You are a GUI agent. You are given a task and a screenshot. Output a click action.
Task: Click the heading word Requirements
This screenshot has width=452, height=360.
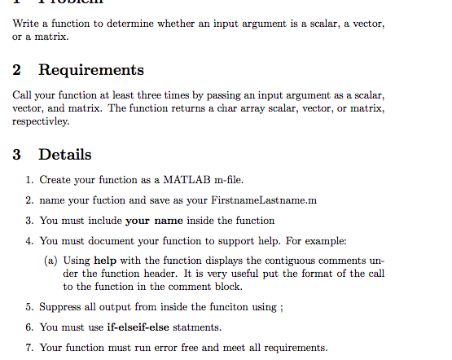91,70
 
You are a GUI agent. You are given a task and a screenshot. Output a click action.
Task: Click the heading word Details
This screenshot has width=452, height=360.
65,155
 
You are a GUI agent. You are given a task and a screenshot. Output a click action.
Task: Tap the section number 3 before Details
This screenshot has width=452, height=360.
17,155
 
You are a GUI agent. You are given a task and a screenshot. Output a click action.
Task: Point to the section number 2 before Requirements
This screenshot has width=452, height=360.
17,70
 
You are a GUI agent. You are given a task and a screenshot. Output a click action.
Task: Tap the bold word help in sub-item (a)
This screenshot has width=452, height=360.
106,261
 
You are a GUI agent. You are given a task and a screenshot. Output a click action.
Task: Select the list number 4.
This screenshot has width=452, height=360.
29,241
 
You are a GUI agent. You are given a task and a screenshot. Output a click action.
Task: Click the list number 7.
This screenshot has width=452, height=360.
29,348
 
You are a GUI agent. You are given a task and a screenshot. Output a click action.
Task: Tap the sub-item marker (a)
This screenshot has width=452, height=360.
50,261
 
